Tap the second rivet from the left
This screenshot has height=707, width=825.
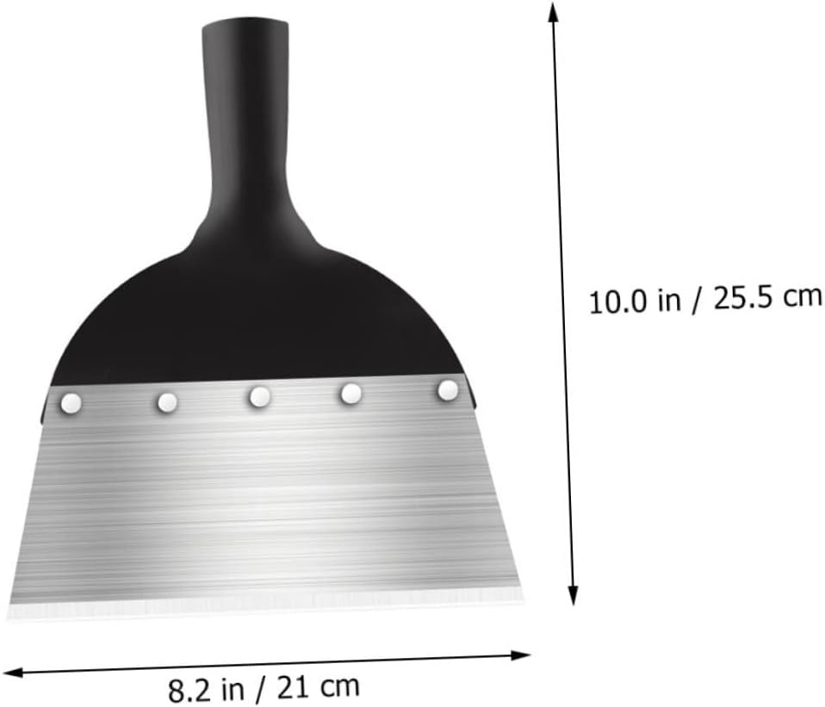coord(167,401)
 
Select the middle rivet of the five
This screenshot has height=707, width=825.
coord(259,396)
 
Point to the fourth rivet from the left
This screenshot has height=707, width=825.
coord(350,394)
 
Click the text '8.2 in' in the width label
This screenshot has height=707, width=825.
coord(202,691)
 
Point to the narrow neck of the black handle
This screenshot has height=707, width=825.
coord(245,155)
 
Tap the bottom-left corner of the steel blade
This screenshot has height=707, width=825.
coord(10,614)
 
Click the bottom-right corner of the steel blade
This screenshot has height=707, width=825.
coord(522,592)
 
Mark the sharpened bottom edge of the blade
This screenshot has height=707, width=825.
coord(267,603)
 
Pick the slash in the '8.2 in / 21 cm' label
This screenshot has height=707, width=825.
coord(260,689)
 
